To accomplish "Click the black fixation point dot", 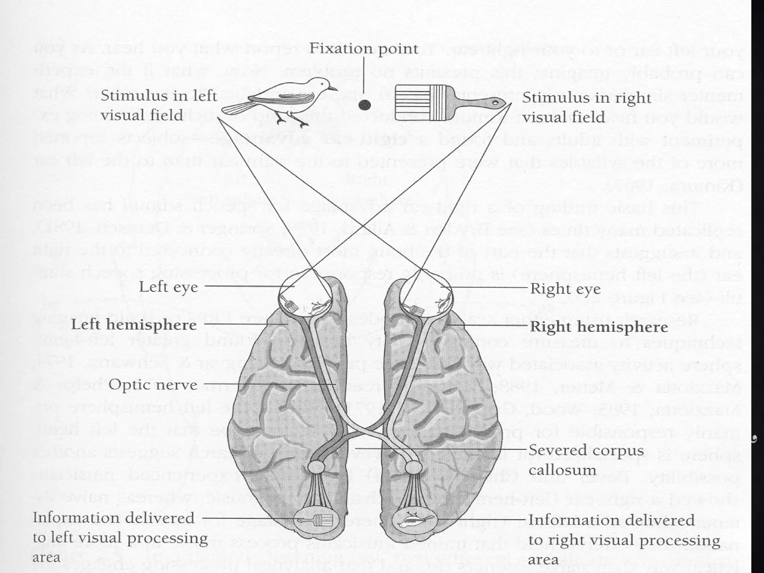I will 364,105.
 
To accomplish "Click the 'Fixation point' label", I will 364,48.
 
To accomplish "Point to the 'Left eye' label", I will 168,287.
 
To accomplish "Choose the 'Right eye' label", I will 565,289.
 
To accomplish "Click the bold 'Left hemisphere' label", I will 134,325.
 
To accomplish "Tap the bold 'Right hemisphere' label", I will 599,327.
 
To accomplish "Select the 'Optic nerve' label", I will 153,385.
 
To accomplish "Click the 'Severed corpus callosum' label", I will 586,460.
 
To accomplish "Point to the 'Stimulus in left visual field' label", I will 159,106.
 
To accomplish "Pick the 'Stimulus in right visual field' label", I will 586,107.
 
